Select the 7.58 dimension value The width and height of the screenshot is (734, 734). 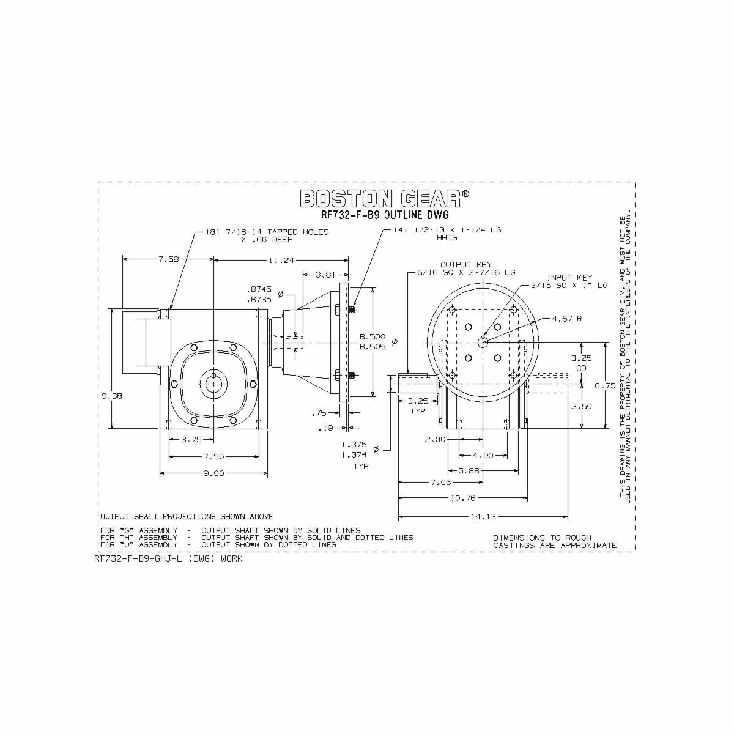[x=168, y=259]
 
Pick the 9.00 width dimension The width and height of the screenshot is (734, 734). [x=213, y=473]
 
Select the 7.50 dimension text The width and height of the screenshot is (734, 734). [x=213, y=456]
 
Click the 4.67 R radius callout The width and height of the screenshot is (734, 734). [x=566, y=319]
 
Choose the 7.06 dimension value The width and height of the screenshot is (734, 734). [x=440, y=482]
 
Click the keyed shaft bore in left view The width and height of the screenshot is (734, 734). [x=213, y=384]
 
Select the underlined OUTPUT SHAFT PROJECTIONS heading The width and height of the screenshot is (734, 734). [x=187, y=516]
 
